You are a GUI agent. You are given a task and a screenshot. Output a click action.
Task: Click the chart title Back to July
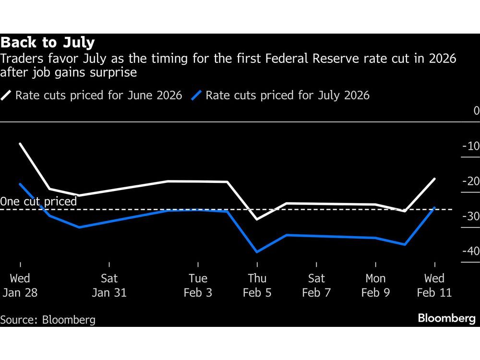[x=48, y=43]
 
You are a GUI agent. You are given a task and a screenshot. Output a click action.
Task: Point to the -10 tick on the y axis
[x=470, y=146]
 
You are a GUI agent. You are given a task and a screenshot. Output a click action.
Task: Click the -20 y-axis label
[x=470, y=181]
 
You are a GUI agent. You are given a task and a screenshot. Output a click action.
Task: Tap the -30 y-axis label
[x=470, y=216]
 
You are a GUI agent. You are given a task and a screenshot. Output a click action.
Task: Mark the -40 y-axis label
[x=470, y=251]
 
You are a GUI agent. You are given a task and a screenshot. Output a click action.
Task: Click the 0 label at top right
[x=476, y=111]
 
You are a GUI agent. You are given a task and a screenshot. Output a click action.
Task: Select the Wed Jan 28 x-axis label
[x=20, y=286]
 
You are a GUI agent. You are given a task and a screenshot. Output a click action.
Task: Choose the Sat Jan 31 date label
[x=109, y=286]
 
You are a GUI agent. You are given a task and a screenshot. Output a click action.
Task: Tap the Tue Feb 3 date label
[x=198, y=286]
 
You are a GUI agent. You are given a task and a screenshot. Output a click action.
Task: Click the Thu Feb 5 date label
[x=257, y=286]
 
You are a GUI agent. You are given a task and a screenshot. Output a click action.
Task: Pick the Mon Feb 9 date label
[x=375, y=286]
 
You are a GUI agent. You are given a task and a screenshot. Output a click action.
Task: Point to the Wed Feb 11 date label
[x=434, y=286]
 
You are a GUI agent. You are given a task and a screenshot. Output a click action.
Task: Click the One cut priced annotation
[x=38, y=201]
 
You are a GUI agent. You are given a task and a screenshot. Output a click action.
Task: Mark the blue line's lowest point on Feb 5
[x=257, y=252]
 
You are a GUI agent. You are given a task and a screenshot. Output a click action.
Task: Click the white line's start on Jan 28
[x=21, y=144]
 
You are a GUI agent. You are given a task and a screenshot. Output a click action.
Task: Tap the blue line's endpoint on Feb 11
[x=434, y=208]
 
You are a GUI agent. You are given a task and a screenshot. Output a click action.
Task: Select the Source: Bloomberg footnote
[x=48, y=320]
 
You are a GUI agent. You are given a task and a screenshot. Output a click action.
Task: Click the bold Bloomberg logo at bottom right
[x=446, y=318]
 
